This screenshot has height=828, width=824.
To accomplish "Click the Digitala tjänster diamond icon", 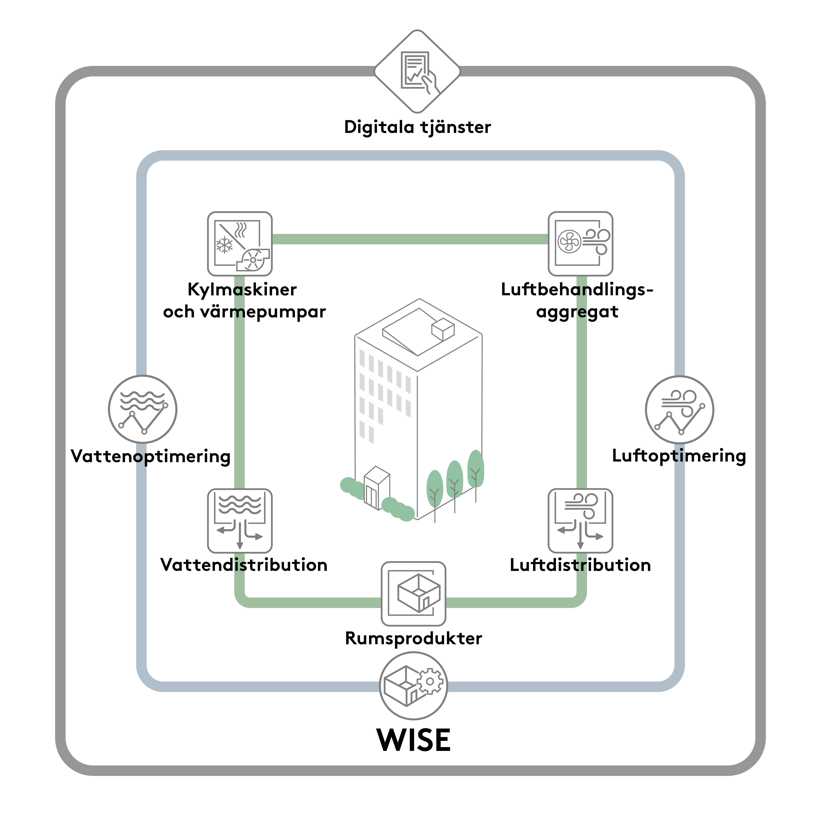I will (x=417, y=72).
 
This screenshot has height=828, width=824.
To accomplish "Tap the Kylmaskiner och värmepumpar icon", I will (x=240, y=243).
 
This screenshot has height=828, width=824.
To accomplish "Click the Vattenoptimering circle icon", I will (x=143, y=409).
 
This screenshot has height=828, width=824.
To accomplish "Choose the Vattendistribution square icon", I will (x=240, y=521).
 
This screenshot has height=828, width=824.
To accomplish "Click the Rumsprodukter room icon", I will (x=413, y=594).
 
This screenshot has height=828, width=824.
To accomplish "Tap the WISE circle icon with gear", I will (x=413, y=686).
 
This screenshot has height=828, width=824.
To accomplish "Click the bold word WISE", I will (x=413, y=740).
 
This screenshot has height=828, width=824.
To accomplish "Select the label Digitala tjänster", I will (x=417, y=127).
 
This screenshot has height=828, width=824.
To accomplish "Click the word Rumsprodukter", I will (x=413, y=638).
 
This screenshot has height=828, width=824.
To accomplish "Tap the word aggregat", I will (x=577, y=312).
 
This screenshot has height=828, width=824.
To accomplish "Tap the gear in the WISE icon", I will (x=430, y=681).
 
